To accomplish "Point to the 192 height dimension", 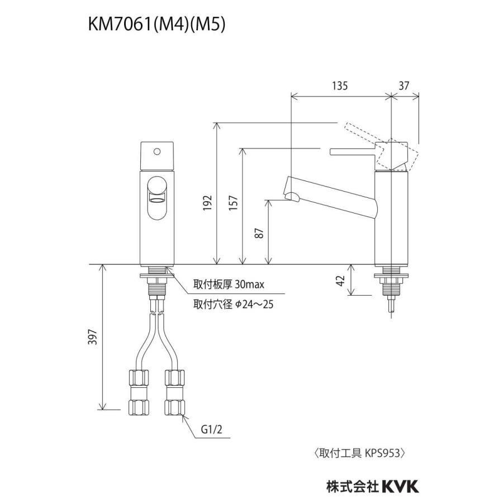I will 207,202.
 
